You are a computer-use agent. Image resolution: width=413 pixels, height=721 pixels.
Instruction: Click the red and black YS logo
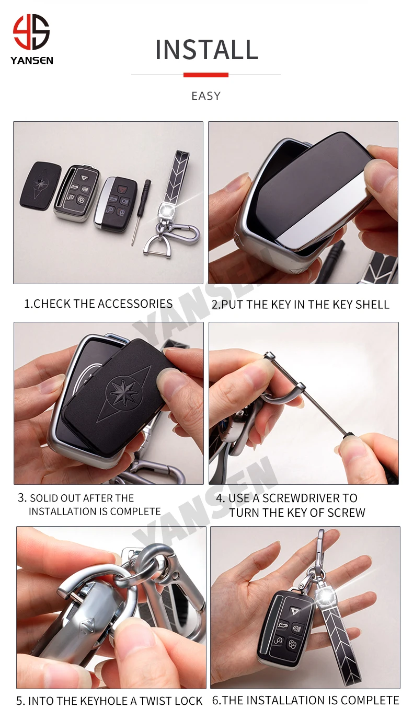click(x=31, y=32)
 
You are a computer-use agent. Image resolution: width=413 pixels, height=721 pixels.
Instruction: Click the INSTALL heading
click(x=206, y=50)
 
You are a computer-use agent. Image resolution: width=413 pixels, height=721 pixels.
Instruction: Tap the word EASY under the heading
click(x=206, y=96)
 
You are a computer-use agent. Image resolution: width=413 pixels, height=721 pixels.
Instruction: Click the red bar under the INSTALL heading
click(x=206, y=75)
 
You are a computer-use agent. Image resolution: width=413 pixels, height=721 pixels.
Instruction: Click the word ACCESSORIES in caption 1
click(x=135, y=304)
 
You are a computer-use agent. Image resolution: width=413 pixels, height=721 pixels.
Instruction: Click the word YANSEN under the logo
click(x=31, y=61)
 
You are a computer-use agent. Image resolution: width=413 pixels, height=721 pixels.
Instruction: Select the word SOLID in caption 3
click(x=44, y=498)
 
